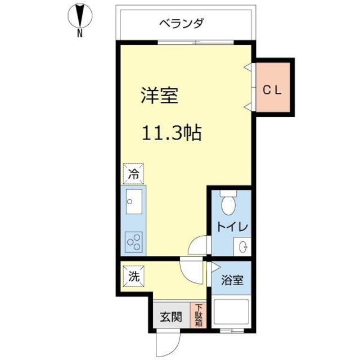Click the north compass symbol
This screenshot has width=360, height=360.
(x=79, y=17)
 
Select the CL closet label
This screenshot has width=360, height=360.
(x=273, y=89)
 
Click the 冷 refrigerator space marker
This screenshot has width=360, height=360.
(x=134, y=174)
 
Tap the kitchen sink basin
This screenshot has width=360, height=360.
(x=134, y=201)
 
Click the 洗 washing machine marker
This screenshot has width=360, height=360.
(x=134, y=277)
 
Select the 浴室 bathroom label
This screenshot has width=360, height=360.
(x=232, y=280)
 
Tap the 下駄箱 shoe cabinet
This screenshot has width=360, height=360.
(x=199, y=316)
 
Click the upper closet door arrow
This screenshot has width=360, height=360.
(x=247, y=67)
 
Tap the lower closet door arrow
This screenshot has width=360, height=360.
(x=247, y=106)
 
